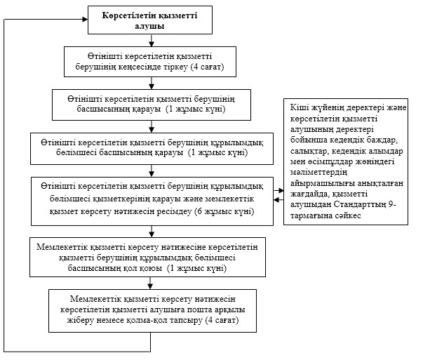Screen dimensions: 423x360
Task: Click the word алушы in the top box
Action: coord(149,26)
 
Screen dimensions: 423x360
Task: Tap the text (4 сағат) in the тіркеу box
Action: coord(208,67)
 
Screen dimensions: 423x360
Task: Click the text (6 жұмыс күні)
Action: coord(224,211)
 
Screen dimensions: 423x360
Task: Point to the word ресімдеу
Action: coord(175,211)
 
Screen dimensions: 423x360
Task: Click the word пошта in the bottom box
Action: coord(199,309)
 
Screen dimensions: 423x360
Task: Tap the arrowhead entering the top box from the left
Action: coord(86,19)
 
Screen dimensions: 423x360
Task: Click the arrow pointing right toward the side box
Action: coord(278,190)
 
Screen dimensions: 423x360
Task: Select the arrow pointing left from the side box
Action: coord(278,200)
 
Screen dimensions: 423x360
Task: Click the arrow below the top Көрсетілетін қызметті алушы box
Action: coord(152,40)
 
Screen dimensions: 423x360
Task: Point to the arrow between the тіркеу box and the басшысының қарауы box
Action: coord(152,83)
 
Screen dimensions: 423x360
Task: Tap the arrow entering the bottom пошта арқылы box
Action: coord(151,283)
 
